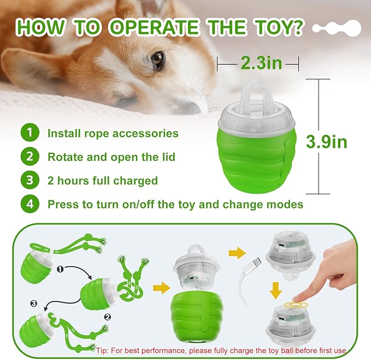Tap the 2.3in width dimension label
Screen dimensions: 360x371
tap(261, 63)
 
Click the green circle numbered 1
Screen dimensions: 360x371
tap(30, 133)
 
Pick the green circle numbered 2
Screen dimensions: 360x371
tap(30, 157)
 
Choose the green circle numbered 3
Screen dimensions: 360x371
tap(30, 181)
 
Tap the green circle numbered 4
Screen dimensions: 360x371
tap(30, 205)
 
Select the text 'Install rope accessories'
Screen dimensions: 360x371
tap(113, 133)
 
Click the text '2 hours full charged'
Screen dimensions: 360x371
tap(103, 181)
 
